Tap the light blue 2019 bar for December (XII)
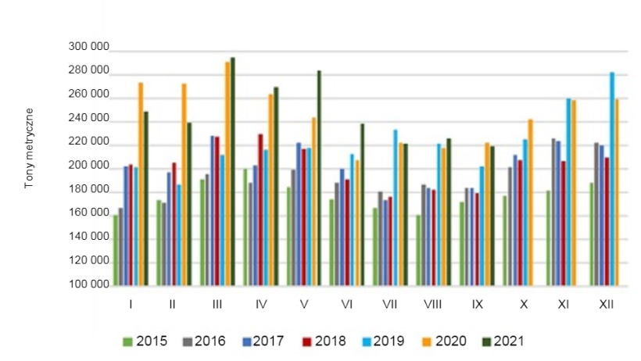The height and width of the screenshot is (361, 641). [x=612, y=180]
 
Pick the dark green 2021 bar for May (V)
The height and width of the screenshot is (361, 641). [x=319, y=180]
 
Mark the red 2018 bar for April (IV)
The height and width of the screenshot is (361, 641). [x=260, y=211]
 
